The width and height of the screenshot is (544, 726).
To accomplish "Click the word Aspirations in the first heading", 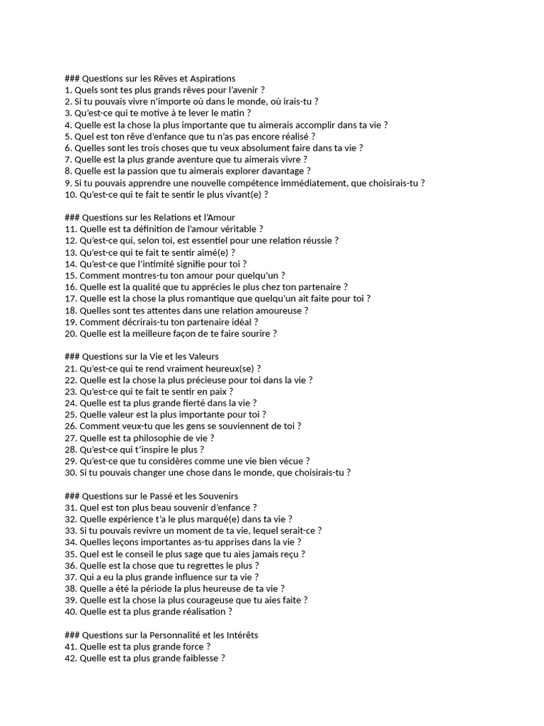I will (210, 78).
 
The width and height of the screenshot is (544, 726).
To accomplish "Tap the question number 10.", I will (70, 194).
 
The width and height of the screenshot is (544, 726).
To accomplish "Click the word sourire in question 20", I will (253, 333).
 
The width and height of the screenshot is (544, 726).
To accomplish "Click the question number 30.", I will (70, 473).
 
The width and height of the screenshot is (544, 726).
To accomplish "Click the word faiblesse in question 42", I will (200, 658).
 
